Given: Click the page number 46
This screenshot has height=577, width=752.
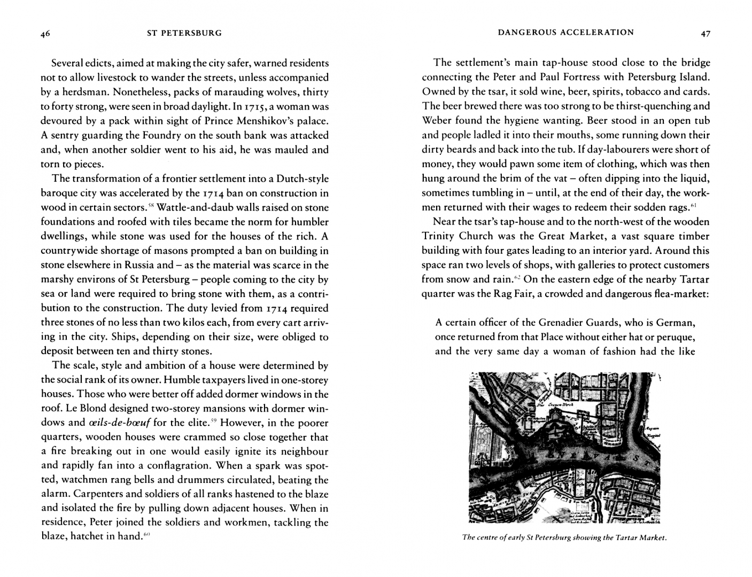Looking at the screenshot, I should [45, 34].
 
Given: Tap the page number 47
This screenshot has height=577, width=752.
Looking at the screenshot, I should [706, 34].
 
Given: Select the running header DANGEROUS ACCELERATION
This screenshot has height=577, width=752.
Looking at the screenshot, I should [565, 33].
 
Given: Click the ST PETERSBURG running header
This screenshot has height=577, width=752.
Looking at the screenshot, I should [184, 33].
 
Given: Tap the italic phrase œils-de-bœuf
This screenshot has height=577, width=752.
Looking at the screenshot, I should [118, 423].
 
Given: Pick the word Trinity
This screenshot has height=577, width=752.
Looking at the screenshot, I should [438, 236].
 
